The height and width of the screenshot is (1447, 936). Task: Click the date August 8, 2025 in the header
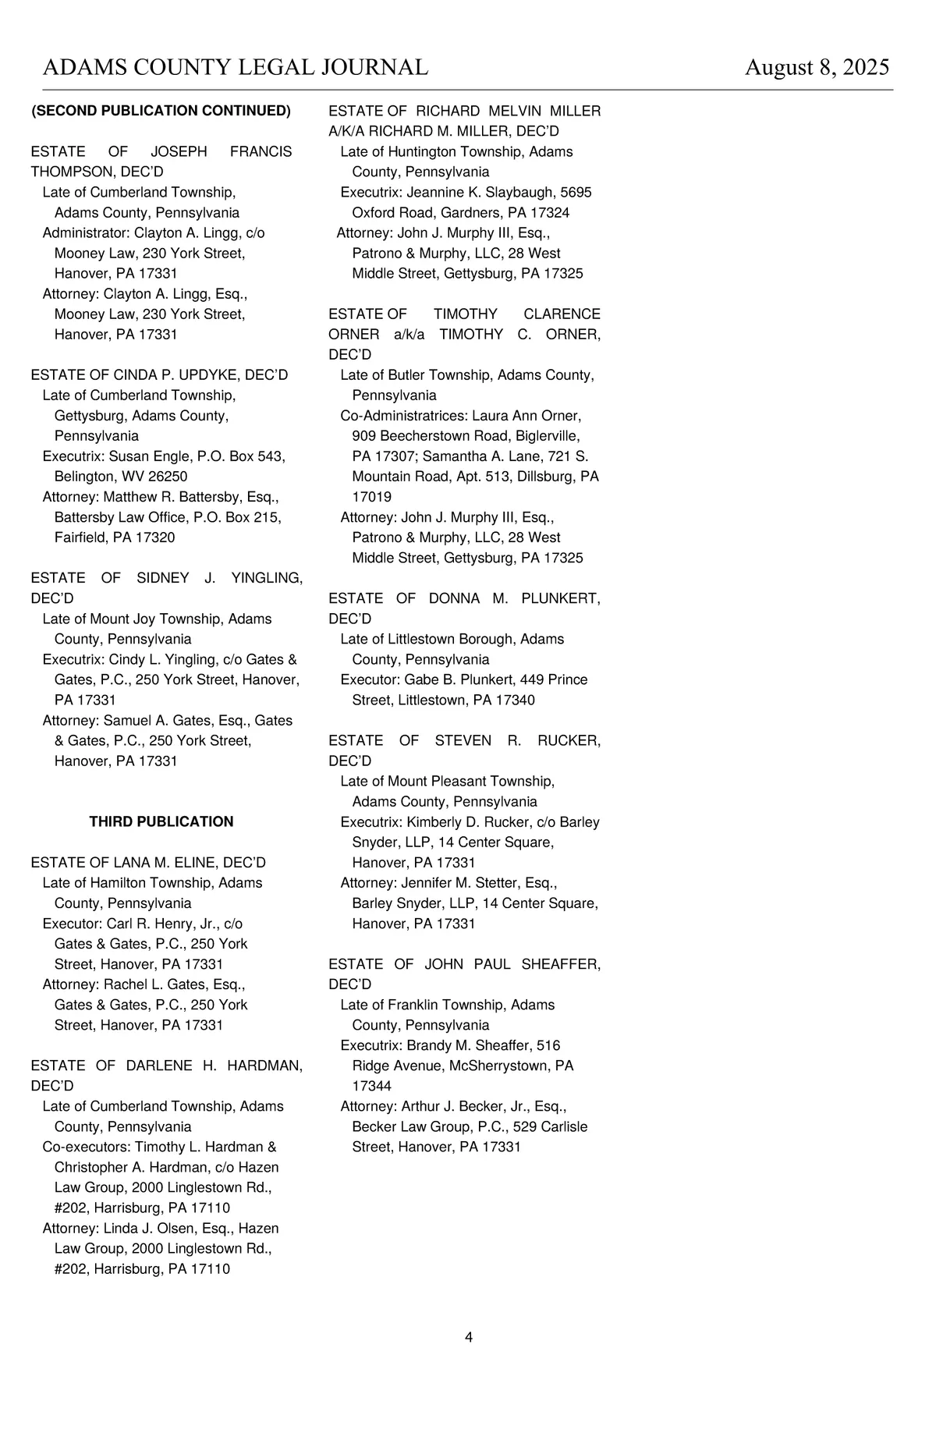(x=817, y=68)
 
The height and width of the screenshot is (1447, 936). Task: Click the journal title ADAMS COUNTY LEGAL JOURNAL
(x=235, y=68)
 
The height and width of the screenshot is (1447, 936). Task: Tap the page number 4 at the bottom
(x=469, y=1337)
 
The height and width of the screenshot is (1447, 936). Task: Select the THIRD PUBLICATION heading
(x=161, y=821)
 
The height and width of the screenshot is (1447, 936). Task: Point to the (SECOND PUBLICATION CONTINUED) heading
(x=161, y=111)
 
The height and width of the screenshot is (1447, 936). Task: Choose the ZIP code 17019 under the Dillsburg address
(x=372, y=497)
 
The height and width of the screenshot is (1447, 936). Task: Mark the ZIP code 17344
(x=372, y=1086)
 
